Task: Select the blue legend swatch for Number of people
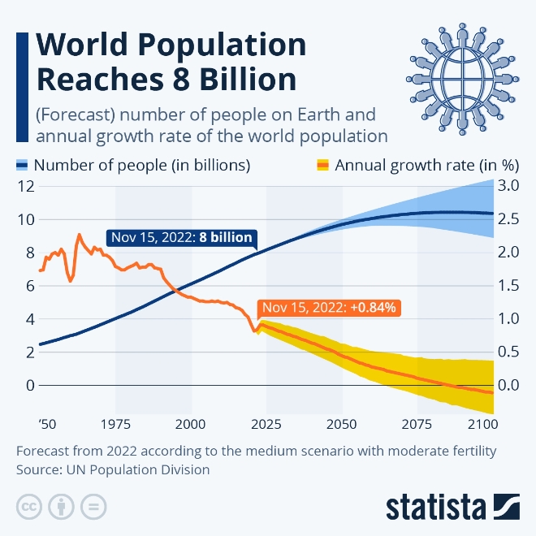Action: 22,165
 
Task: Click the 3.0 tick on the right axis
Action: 508,186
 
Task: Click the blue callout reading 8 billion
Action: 181,239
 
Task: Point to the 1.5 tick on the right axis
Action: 508,286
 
